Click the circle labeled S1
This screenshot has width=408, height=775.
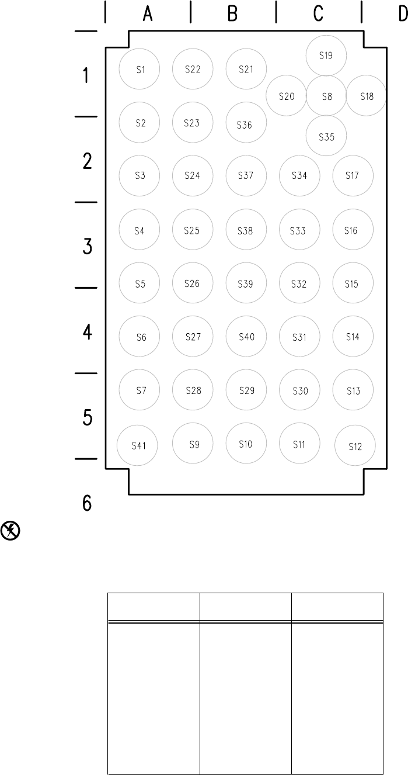(140, 70)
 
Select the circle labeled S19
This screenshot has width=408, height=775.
(326, 56)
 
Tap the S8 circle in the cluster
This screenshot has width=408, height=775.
(326, 96)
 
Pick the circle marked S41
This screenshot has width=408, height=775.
(138, 446)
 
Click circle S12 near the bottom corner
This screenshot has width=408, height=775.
(355, 447)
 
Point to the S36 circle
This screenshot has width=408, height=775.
(246, 124)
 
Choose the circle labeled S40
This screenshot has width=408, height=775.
(246, 337)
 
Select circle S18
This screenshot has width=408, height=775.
(366, 96)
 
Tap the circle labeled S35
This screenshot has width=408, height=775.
(326, 136)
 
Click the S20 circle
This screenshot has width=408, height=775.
(286, 96)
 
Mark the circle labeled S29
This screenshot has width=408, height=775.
(246, 390)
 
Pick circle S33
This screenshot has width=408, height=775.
(299, 230)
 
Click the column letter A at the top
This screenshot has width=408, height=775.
(148, 14)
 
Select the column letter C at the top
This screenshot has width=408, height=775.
(318, 14)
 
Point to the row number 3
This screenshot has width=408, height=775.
(87, 246)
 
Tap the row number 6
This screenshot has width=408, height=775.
(87, 503)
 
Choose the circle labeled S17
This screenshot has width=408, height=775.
(353, 175)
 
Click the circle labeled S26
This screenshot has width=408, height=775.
(193, 283)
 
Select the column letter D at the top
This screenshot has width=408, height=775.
(402, 14)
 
